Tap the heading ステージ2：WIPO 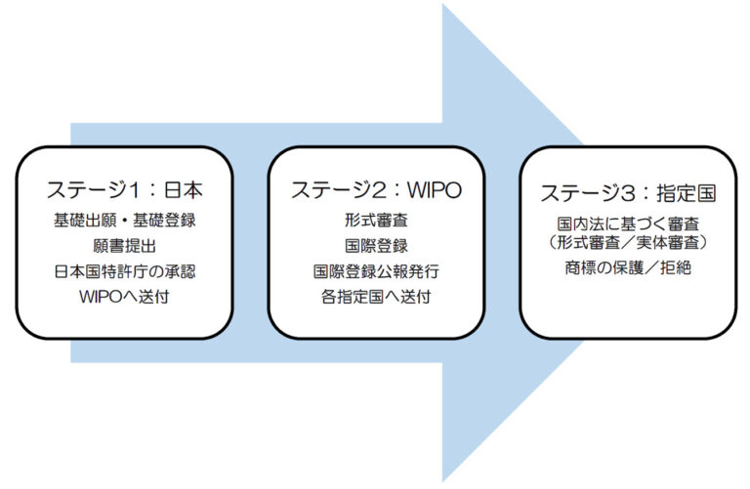tap(375, 190)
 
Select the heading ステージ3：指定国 tap(627, 194)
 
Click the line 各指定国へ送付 tap(375, 295)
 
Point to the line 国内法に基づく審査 tap(627, 224)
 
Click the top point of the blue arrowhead tap(444, 8)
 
